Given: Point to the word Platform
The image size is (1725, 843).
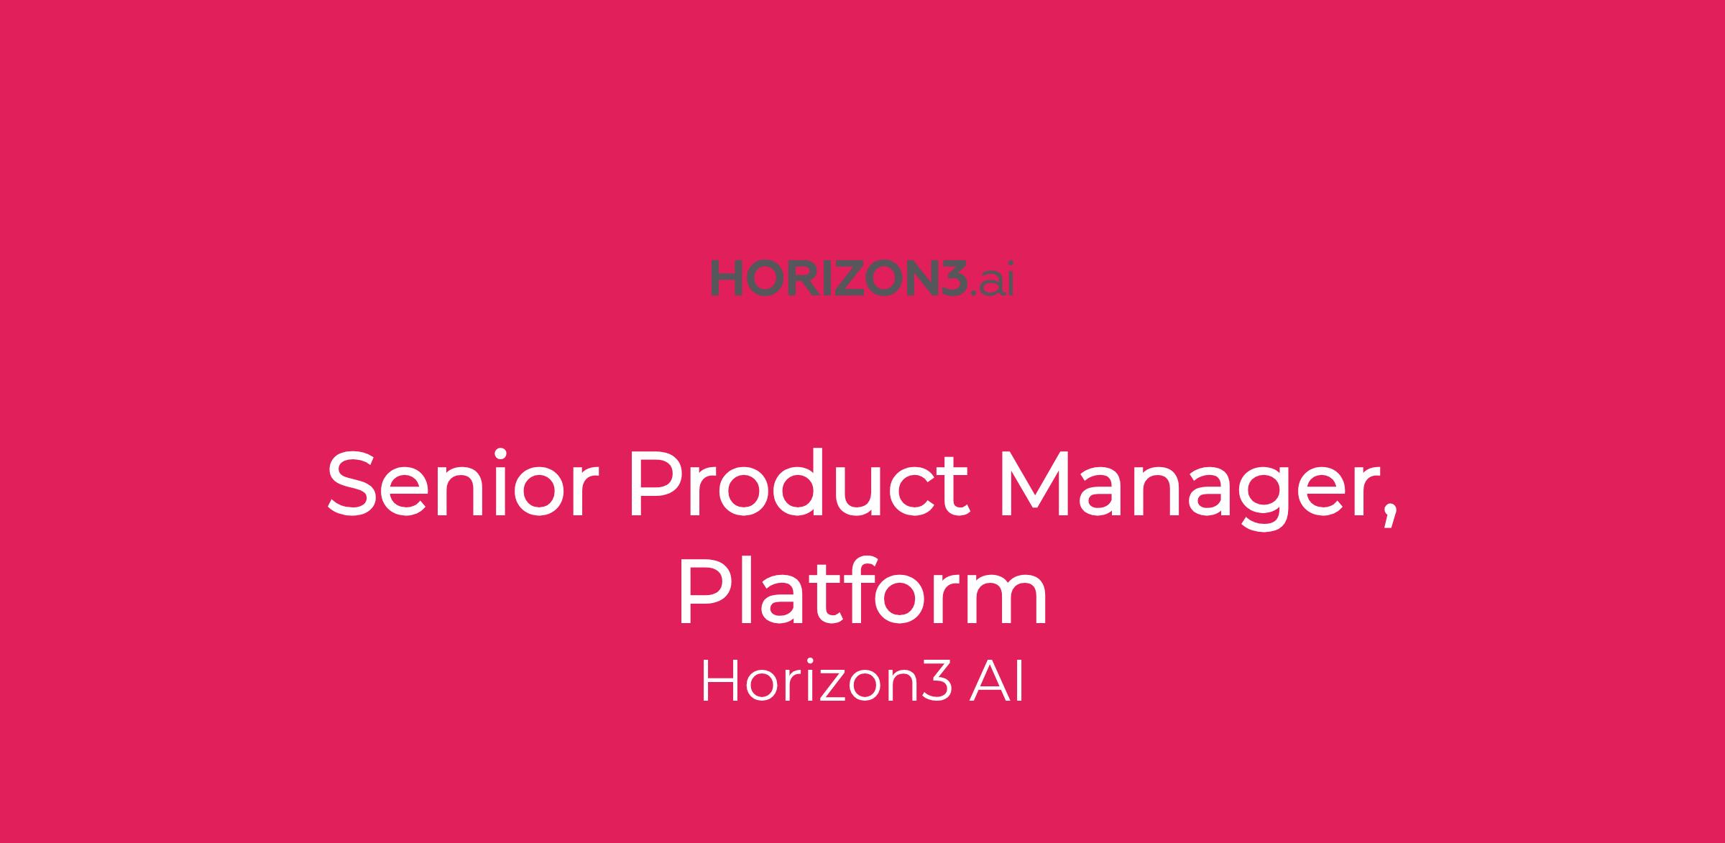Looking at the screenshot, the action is point(862,590).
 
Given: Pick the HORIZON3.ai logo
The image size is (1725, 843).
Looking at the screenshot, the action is point(862,278).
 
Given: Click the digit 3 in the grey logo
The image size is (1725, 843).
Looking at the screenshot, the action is point(949,278).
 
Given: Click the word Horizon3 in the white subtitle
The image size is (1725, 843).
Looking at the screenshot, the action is point(827,682).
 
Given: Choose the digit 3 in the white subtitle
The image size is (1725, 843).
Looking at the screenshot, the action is point(939,682).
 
